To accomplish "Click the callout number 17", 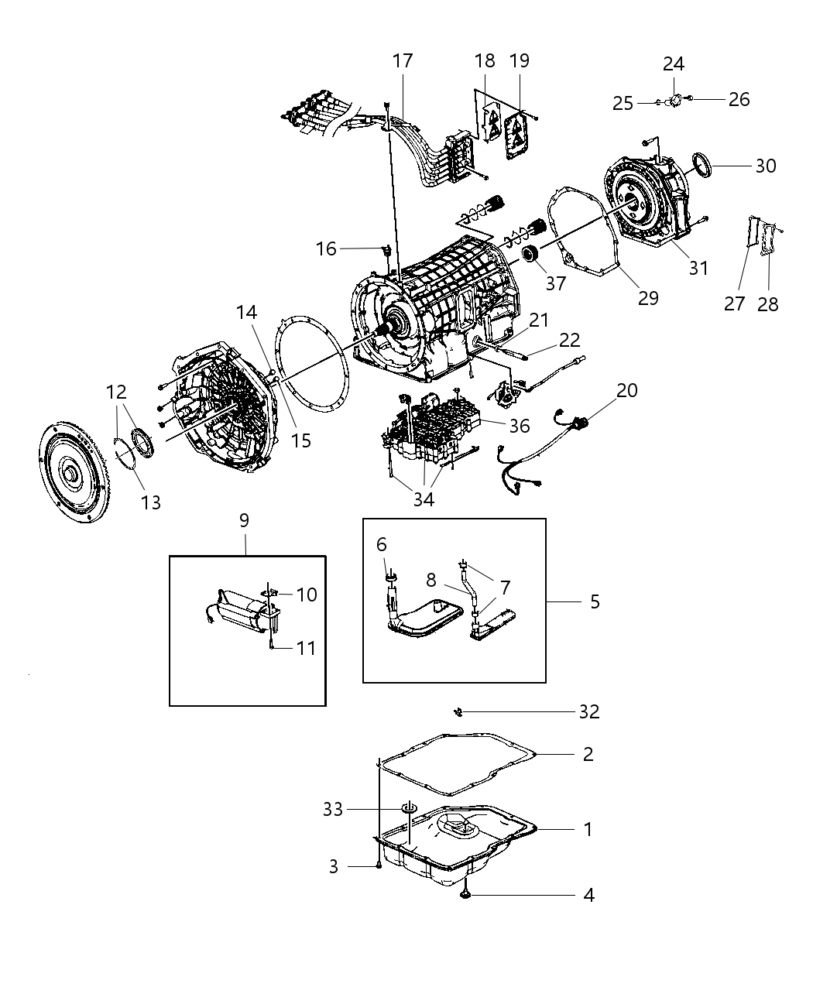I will [403, 60].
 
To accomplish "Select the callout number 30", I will [765, 166].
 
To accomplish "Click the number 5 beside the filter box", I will [595, 601].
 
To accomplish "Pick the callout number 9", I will [244, 520].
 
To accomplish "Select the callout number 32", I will [588, 711].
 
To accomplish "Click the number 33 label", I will [333, 809].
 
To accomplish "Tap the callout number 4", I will [588, 895].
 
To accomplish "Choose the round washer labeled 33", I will [409, 809].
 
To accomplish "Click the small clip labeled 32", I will [458, 711].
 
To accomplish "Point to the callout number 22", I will [569, 340].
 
